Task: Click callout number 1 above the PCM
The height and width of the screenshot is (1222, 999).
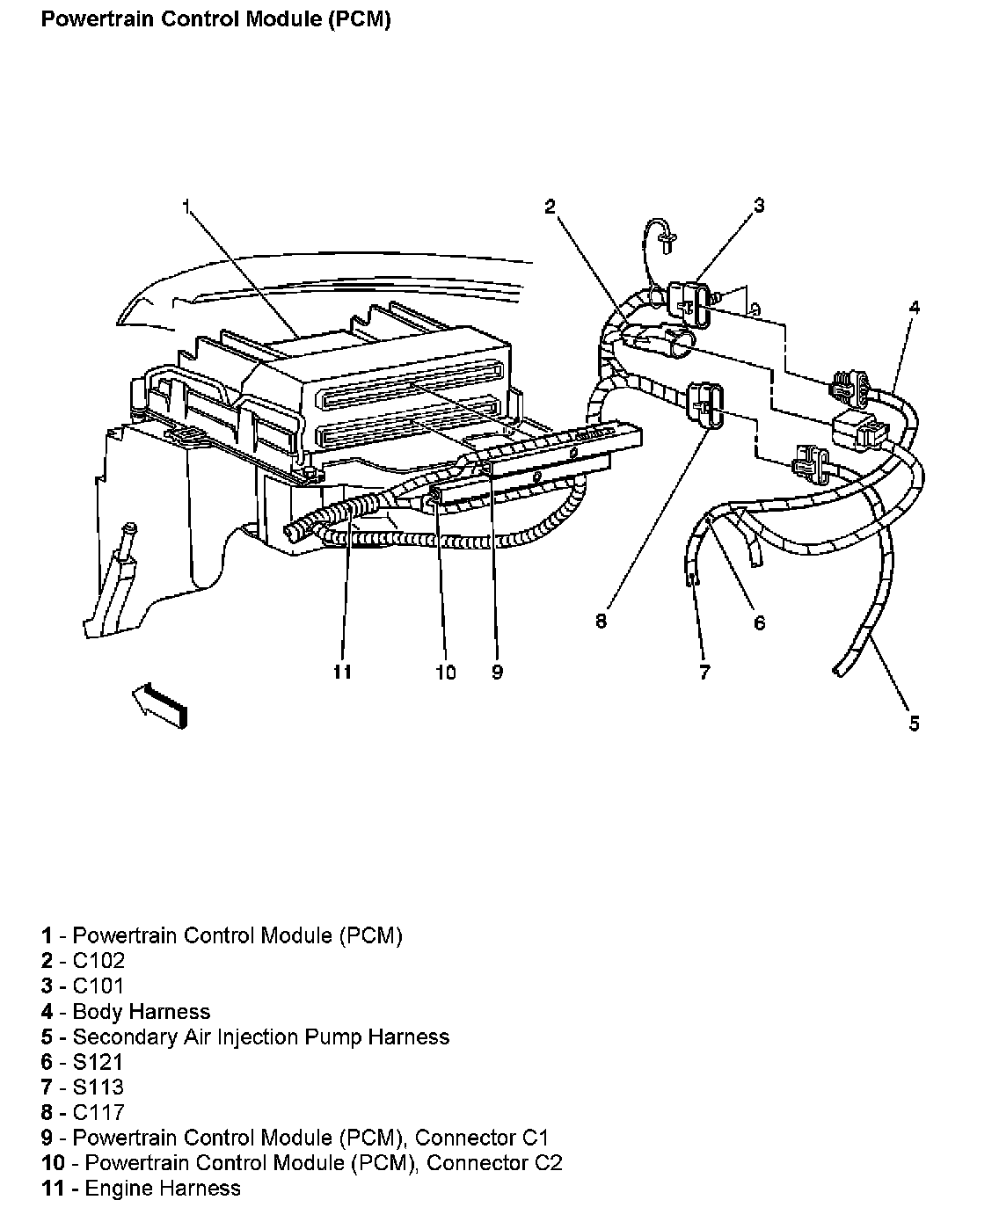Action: tap(186, 207)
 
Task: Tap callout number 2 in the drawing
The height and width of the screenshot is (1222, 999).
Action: tap(550, 207)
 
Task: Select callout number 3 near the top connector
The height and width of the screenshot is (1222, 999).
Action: tap(759, 206)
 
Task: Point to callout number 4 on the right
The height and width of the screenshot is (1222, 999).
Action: tap(915, 308)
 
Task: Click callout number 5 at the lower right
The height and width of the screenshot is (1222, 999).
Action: tap(915, 723)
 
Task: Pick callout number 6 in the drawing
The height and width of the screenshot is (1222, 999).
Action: tap(759, 623)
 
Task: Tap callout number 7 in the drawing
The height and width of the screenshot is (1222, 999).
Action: tap(704, 673)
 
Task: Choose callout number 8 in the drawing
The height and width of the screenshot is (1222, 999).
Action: tap(601, 622)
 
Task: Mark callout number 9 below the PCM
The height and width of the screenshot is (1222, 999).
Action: tap(497, 673)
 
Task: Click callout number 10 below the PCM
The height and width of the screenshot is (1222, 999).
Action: tap(445, 673)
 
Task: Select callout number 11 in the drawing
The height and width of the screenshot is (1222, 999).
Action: tap(342, 673)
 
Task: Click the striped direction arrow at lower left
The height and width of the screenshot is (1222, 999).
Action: tap(160, 704)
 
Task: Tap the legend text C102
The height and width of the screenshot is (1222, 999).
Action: tap(98, 961)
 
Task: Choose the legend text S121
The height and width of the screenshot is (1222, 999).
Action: tap(98, 1062)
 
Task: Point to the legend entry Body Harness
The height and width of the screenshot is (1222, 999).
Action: tap(141, 1012)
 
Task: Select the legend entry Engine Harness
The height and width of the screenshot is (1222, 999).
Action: tap(157, 1189)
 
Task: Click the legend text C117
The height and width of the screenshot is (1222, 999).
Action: tap(98, 1113)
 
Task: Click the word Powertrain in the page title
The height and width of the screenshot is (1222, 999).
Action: tap(95, 19)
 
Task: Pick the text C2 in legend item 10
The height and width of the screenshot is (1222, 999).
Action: tap(547, 1163)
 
